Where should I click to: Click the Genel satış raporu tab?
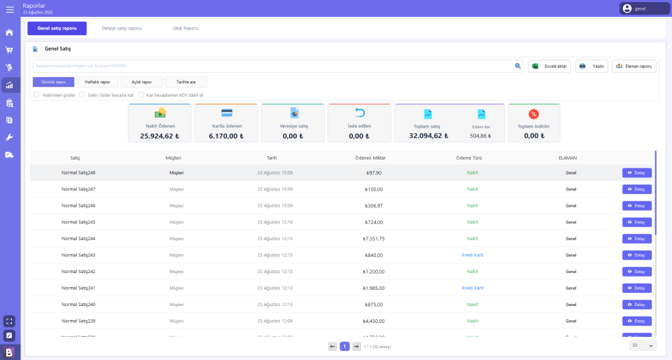(x=57, y=28)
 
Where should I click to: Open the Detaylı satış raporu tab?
(x=122, y=28)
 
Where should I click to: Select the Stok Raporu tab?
(x=185, y=28)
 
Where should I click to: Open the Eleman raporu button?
(x=633, y=66)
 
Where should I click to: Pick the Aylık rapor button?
(x=141, y=82)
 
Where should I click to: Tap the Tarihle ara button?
(x=185, y=82)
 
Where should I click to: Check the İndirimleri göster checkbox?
(x=36, y=95)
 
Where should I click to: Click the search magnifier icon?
(x=518, y=66)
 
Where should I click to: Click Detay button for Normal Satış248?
(x=636, y=173)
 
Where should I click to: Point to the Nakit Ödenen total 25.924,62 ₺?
(x=160, y=136)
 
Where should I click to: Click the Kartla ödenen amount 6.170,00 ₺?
(x=226, y=136)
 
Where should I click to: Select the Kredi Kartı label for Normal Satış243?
(x=472, y=255)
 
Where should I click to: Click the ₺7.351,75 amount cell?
(x=374, y=238)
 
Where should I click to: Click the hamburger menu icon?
(x=10, y=9)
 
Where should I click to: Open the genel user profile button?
(x=644, y=8)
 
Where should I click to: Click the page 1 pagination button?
(x=344, y=346)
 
